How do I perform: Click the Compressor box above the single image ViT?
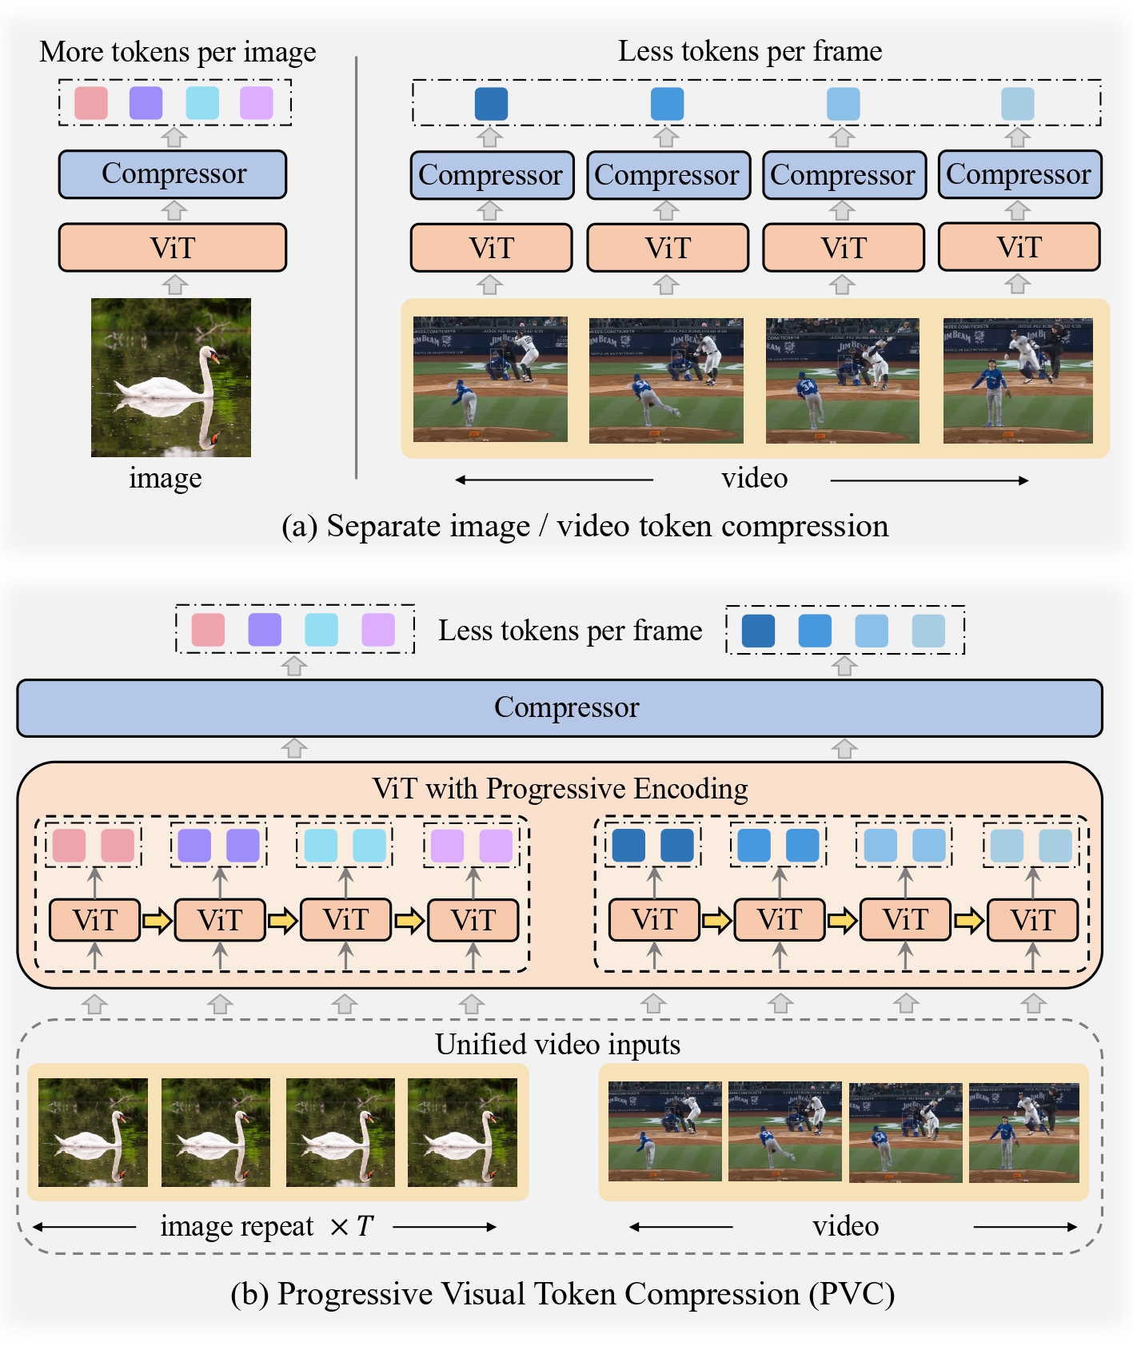click(172, 174)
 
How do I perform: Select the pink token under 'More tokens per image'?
click(91, 103)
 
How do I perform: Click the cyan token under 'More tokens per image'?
click(202, 103)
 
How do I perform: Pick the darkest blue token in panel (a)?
click(491, 104)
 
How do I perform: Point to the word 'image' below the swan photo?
click(166, 478)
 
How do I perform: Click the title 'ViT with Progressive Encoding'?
click(560, 788)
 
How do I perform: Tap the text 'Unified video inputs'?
click(557, 1044)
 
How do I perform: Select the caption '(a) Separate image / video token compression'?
click(584, 526)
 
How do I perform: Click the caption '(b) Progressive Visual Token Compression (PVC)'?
click(562, 1293)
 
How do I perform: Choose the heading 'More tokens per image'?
click(178, 52)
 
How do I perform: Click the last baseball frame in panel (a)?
click(1017, 380)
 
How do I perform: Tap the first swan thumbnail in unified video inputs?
click(93, 1132)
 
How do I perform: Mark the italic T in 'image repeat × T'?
click(365, 1226)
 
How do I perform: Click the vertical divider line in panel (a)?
click(356, 268)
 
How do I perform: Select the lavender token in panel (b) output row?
click(378, 630)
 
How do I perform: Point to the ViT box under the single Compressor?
click(172, 248)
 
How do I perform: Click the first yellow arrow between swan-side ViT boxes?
click(158, 921)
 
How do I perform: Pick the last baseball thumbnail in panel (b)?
click(1023, 1132)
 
